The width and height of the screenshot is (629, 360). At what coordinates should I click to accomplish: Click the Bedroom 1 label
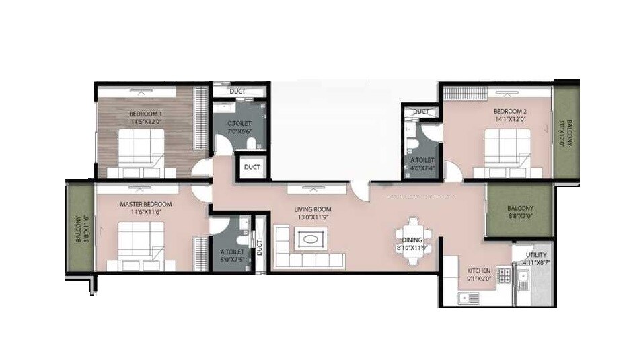[x=145, y=114]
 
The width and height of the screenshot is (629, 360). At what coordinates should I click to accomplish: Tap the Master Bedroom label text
[x=145, y=203]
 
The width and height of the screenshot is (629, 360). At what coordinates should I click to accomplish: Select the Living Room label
[x=312, y=209]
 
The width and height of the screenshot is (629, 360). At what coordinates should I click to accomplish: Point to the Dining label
[x=412, y=240]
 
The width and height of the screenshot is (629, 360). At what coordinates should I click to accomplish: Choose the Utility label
[x=535, y=255]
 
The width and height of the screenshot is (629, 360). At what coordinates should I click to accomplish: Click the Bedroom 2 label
[x=509, y=111]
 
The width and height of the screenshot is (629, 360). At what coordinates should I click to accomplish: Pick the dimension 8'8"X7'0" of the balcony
[x=520, y=217]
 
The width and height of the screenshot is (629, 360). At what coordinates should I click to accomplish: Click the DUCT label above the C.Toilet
[x=237, y=91]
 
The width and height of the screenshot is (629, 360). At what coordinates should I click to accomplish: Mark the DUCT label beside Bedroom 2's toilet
[x=421, y=111]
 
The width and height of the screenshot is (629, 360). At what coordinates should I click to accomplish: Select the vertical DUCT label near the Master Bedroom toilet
[x=259, y=248]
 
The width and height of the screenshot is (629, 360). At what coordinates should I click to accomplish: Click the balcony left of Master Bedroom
[x=79, y=228]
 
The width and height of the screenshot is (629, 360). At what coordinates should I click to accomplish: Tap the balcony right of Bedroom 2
[x=567, y=133]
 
